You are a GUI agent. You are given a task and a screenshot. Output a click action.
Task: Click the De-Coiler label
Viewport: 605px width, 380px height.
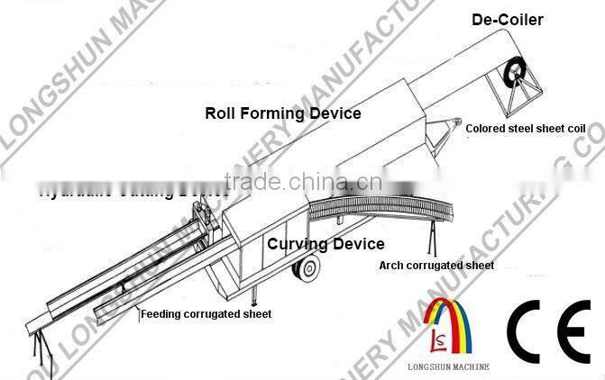click(x=508, y=19)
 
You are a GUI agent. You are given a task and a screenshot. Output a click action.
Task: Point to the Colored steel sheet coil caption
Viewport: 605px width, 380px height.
click(x=526, y=129)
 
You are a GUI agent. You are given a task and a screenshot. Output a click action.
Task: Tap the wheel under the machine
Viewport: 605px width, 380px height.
click(x=306, y=267)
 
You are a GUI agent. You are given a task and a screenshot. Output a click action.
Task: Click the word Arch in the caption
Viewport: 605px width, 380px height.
click(x=390, y=266)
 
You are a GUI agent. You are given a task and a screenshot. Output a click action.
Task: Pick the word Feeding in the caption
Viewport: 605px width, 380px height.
click(x=160, y=313)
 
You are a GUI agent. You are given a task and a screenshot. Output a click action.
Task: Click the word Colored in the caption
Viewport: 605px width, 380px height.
click(x=484, y=129)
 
